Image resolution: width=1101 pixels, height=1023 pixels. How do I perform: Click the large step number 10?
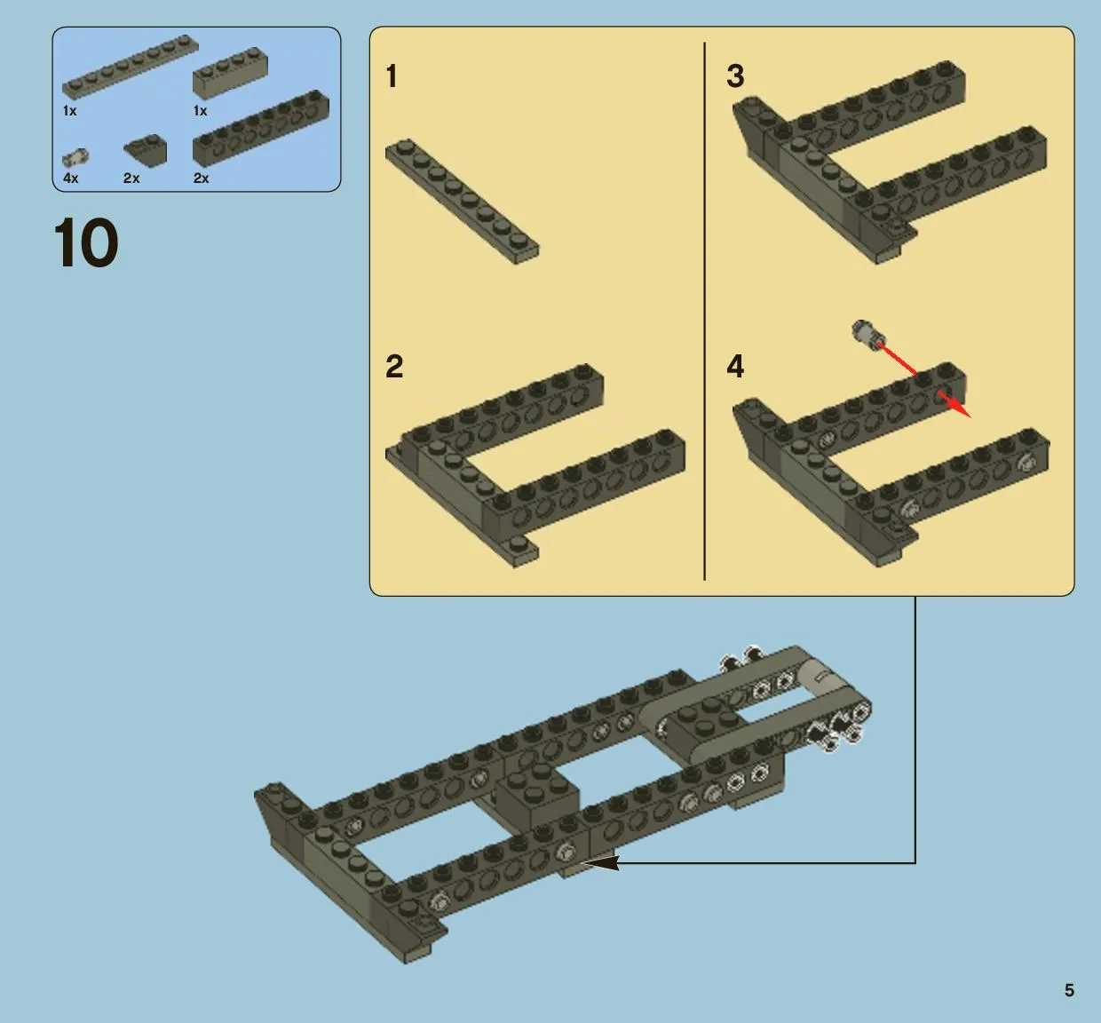click(86, 242)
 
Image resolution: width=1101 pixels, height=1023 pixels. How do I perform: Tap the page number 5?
click(1069, 990)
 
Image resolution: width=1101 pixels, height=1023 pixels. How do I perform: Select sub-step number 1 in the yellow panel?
click(392, 76)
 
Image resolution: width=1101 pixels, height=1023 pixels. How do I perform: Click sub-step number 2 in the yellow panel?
click(394, 367)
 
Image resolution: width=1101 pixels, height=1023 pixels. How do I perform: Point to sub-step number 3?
click(736, 76)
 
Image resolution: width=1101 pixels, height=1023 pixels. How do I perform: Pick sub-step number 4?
click(736, 367)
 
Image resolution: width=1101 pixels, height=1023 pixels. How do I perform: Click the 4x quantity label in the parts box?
click(70, 178)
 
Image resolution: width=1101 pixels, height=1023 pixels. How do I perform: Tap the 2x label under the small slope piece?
click(131, 178)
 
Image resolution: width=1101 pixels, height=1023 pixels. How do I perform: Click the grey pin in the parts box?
click(76, 157)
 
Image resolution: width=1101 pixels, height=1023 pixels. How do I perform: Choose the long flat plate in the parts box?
click(131, 67)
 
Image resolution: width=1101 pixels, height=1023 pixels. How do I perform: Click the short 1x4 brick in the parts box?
click(230, 73)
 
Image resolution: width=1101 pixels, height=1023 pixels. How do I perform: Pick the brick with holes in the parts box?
click(260, 128)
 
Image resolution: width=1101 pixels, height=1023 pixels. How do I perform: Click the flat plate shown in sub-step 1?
click(462, 202)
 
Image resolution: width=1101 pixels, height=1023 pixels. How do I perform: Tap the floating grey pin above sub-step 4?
click(867, 335)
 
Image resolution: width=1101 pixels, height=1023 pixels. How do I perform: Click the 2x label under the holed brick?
click(202, 178)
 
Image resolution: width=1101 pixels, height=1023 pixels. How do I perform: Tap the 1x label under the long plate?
click(70, 111)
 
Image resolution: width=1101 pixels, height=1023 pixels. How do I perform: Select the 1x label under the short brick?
click(200, 111)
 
